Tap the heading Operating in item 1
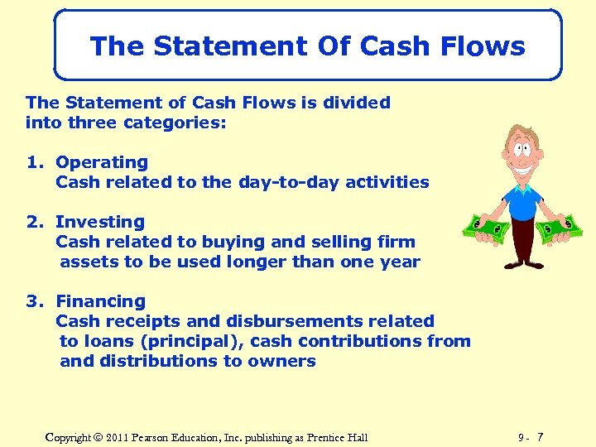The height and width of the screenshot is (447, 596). click(101, 162)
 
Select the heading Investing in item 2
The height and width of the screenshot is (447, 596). click(99, 222)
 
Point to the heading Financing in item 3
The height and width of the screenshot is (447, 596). click(100, 301)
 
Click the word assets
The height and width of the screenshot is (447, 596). click(87, 262)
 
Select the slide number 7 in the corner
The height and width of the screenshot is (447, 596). click(541, 436)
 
